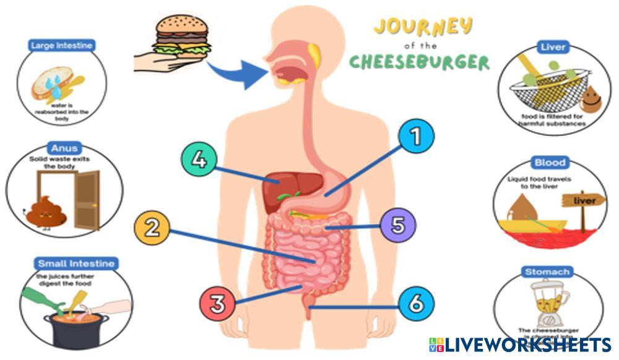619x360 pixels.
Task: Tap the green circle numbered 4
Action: coord(198,159)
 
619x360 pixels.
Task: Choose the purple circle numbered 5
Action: coord(397,225)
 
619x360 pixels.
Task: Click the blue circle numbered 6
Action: coord(416,304)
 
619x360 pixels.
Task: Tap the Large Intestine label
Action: coord(61,45)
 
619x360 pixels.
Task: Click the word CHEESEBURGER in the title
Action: coord(419,62)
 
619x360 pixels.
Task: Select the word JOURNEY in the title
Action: coord(423,27)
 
